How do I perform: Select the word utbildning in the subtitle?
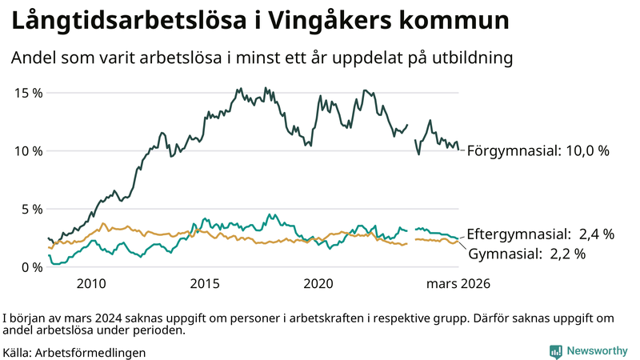click(470, 58)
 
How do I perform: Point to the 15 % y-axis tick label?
click(30, 93)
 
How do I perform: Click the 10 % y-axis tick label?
click(30, 151)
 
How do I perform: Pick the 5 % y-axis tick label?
click(33, 210)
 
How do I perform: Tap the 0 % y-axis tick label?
click(33, 267)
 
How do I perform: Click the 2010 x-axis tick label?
click(91, 284)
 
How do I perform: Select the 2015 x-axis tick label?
click(206, 284)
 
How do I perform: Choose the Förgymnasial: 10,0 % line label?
click(538, 151)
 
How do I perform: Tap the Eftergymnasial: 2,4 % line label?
click(540, 234)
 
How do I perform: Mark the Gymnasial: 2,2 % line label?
click(526, 254)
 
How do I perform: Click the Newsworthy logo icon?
click(554, 351)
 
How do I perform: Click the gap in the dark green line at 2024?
click(411, 132)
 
